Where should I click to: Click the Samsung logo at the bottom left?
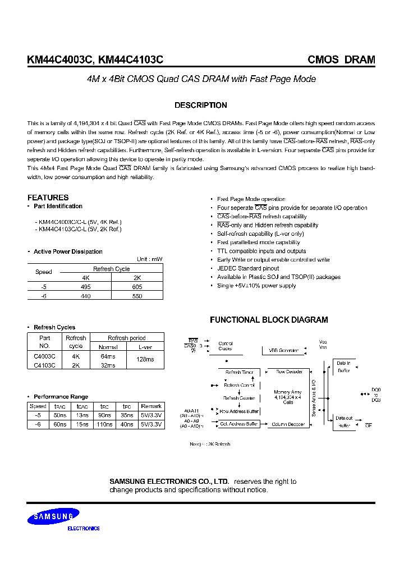click(55, 516)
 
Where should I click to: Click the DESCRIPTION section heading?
click(201, 105)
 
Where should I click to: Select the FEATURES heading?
click(48, 198)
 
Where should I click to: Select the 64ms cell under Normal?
click(108, 356)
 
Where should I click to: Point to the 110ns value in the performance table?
click(105, 425)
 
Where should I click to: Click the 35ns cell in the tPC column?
click(127, 415)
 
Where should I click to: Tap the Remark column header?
click(151, 406)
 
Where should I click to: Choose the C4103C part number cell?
click(45, 365)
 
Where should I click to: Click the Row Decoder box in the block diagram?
click(289, 372)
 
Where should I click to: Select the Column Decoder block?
click(289, 424)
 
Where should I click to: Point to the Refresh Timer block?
click(239, 372)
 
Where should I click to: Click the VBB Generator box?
click(284, 350)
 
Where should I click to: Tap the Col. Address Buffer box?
click(239, 424)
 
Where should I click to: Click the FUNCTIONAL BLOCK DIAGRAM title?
click(269, 320)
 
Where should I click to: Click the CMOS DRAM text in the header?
click(341, 60)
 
